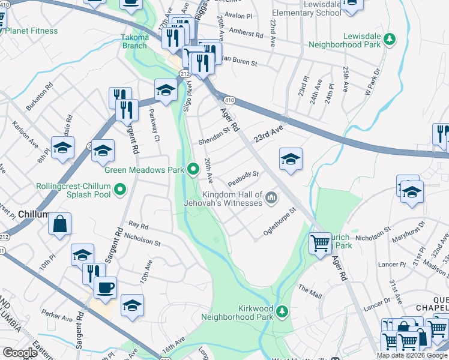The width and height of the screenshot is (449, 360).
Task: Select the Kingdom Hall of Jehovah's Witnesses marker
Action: (271, 197)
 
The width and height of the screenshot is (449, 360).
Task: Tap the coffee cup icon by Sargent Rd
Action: (105, 288)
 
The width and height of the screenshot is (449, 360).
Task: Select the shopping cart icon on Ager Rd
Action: (320, 243)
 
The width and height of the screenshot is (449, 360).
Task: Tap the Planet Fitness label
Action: (32, 31)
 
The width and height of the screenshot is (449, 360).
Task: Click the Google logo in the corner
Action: (19, 353)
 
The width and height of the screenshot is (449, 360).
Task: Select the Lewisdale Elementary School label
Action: (306, 8)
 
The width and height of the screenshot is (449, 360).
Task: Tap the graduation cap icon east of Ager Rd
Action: (291, 159)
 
